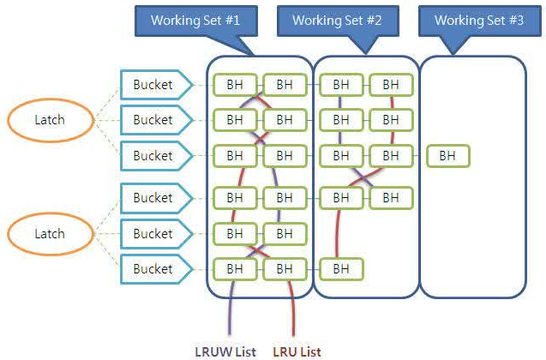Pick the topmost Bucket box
click(x=153, y=85)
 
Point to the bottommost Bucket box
click(x=153, y=269)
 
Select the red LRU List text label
click(x=297, y=351)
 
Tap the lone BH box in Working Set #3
click(x=447, y=156)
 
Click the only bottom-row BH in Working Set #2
click(x=341, y=269)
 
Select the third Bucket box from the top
click(x=153, y=156)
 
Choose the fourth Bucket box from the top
click(x=153, y=198)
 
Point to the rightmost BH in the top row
click(x=391, y=85)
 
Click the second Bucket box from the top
click(x=153, y=119)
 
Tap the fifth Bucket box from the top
click(x=153, y=233)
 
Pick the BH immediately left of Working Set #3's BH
click(x=391, y=156)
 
